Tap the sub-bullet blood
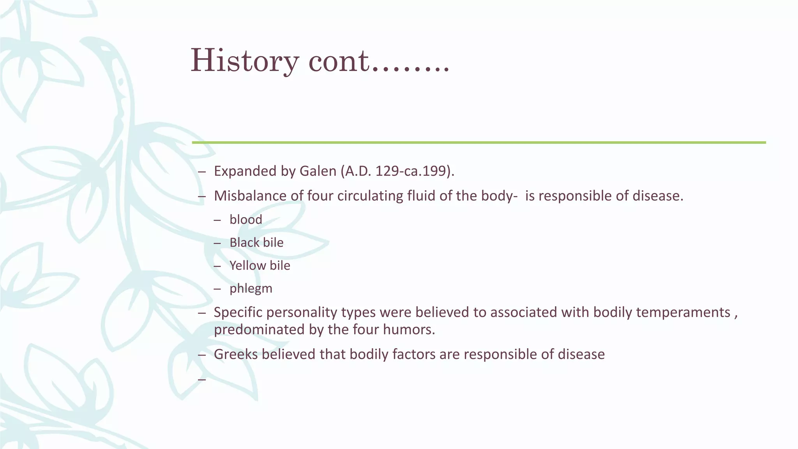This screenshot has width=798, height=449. click(245, 219)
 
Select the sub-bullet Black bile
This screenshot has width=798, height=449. click(256, 242)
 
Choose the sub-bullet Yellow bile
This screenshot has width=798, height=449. click(260, 265)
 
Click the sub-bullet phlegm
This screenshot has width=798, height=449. click(251, 289)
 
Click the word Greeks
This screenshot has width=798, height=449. click(235, 354)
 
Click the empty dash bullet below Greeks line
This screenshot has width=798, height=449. click(201, 379)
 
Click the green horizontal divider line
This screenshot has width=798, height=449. click(478, 143)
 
